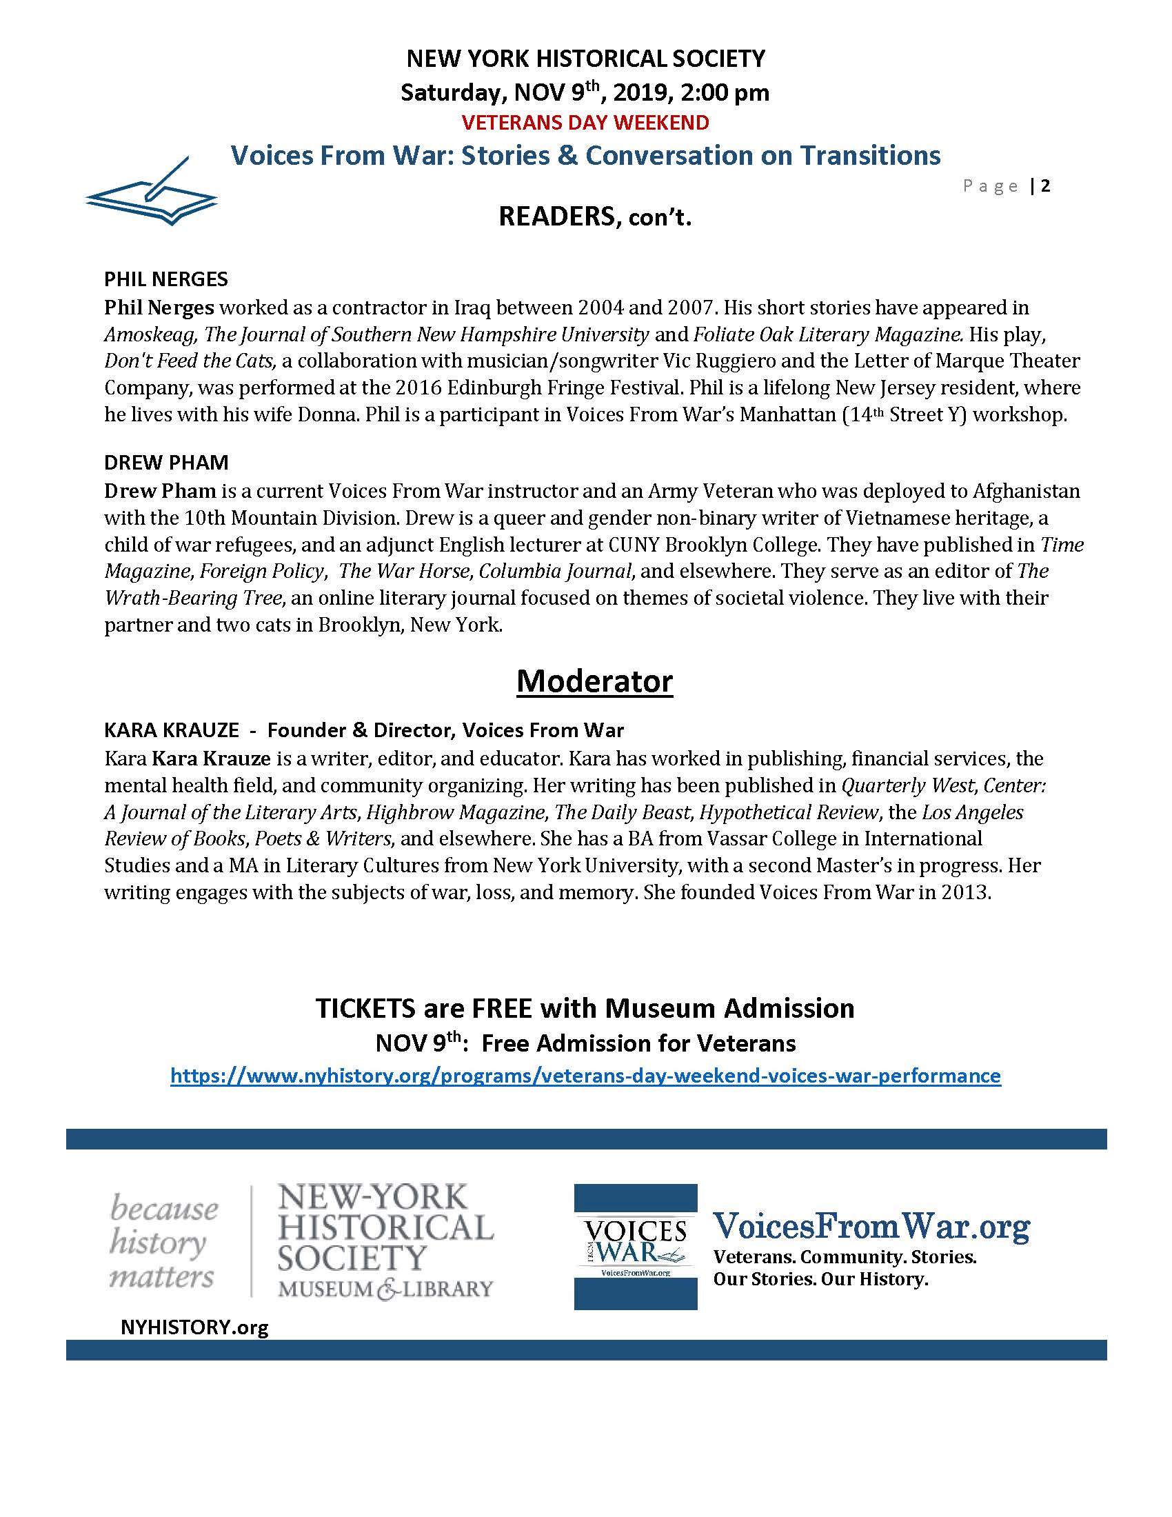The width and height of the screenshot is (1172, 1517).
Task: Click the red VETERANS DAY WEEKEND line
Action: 585,123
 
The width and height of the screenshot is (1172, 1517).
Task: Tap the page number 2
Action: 1045,185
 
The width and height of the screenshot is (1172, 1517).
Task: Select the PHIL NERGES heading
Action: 166,279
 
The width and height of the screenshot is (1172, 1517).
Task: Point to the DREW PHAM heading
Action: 166,463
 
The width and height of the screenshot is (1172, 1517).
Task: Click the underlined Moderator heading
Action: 594,681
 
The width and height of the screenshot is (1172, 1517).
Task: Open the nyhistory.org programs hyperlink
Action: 585,1076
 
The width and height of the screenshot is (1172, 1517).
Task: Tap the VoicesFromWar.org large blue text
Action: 871,1227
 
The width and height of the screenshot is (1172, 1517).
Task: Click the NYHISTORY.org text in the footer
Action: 194,1327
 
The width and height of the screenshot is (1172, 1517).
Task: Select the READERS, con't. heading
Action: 595,217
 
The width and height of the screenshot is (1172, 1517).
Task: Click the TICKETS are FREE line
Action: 585,1008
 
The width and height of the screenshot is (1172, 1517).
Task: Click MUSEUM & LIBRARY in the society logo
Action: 385,1289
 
